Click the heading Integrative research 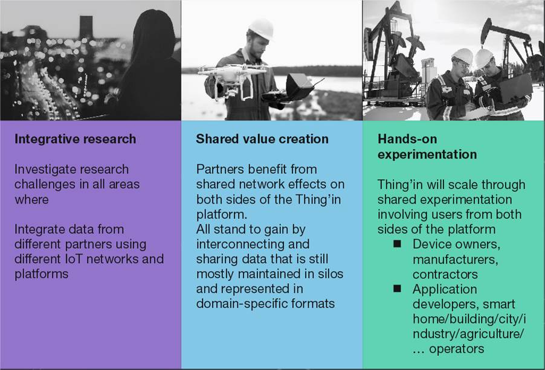pos(75,139)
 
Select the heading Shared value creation pos(262,139)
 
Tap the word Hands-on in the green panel pos(407,139)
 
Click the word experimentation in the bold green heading pos(427,155)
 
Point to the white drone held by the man pos(231,78)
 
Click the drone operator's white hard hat pos(261,28)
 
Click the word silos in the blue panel pos(330,274)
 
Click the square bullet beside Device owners pos(398,244)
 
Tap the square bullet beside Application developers pos(398,289)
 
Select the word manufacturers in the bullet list pos(456,260)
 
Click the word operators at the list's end pos(456,349)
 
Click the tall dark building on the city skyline pos(86,28)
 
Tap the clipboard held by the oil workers pos(477,113)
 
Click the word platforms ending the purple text pos(41,274)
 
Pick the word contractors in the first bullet pos(445,274)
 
